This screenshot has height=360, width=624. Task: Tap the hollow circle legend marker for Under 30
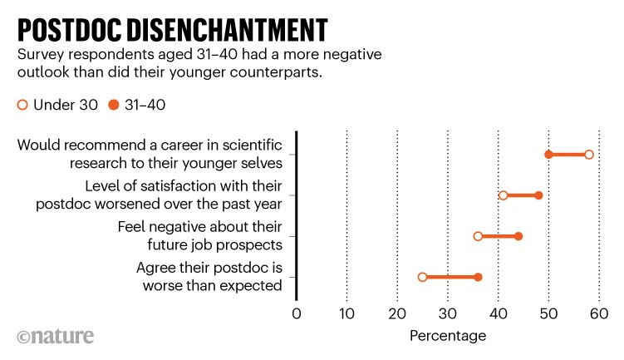click(x=22, y=105)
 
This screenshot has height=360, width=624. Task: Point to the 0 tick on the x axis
click(x=297, y=313)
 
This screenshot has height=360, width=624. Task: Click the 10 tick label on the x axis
click(x=346, y=313)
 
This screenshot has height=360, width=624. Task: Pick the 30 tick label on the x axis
click(x=448, y=313)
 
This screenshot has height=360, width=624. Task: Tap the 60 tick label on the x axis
click(x=598, y=313)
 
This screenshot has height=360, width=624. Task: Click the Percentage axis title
click(x=448, y=336)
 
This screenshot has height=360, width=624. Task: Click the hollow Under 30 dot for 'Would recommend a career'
click(x=589, y=155)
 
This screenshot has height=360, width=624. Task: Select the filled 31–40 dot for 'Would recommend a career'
click(x=548, y=155)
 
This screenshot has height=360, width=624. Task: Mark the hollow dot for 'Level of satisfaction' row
click(x=504, y=195)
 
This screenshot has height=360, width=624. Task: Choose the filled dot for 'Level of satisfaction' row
click(x=538, y=195)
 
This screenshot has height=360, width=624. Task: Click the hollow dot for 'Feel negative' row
click(x=478, y=236)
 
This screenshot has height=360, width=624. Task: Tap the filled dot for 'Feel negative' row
click(x=518, y=236)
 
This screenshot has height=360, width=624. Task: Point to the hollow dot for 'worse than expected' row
click(x=422, y=277)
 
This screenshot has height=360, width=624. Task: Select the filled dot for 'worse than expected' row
click(x=478, y=277)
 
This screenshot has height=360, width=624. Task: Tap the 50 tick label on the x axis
click(x=548, y=313)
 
